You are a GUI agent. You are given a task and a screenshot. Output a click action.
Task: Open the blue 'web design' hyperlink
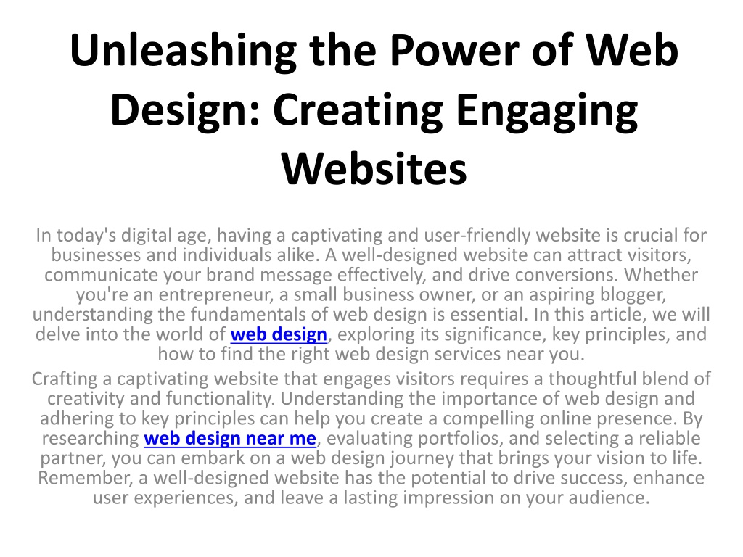(x=279, y=334)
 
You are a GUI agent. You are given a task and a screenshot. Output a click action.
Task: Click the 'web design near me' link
(x=230, y=439)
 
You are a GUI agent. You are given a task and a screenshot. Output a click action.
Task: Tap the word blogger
(x=633, y=294)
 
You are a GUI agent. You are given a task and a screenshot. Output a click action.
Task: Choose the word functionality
(x=221, y=399)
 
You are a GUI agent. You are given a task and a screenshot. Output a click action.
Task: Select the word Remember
(x=86, y=478)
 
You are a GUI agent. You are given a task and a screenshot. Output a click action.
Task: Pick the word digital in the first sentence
(x=144, y=236)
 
